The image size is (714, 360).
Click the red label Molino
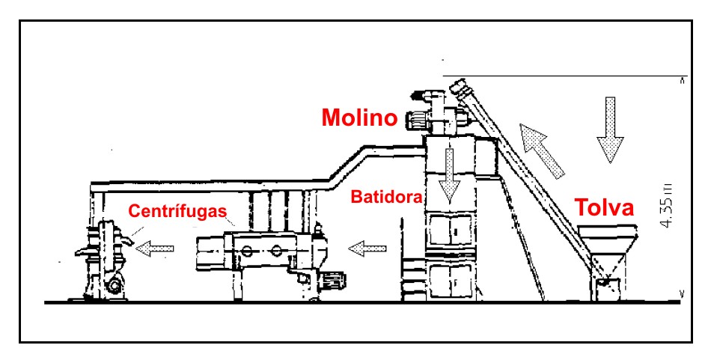pos(358,118)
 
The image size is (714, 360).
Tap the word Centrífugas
pos(177,213)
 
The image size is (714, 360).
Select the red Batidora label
pos(386,198)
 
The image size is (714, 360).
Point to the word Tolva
pos(604,208)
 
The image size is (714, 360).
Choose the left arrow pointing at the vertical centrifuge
pos(153,246)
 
